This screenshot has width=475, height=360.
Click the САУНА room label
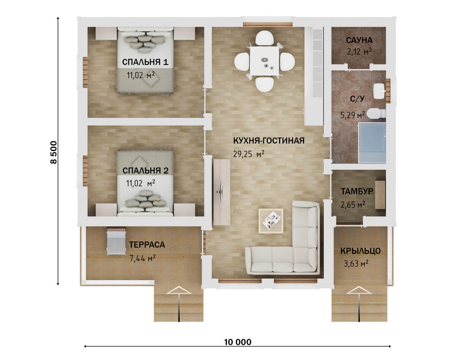pos(359,40)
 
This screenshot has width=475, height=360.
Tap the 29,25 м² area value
pos(249,154)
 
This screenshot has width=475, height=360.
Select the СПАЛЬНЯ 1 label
pos(145,62)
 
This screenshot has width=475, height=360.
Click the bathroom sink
pos(379,91)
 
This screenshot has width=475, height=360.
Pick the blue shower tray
pos(372,143)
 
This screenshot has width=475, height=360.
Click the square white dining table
pos(264,61)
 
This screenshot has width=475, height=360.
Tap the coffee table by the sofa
pos(271,221)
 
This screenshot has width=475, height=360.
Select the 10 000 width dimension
pos(238,342)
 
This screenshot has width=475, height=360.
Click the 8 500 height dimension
pos(54,152)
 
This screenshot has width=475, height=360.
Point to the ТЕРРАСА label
pos(147,245)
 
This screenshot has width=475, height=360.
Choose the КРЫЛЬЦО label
pos(361,251)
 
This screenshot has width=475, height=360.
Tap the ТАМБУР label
pos(357,191)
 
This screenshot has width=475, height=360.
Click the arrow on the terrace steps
pos(179,303)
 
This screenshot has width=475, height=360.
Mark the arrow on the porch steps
pos(359,303)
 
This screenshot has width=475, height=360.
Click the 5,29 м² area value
pos(353,115)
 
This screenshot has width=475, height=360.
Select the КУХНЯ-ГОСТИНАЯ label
pos(269,141)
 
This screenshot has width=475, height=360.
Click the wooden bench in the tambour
pos(380,194)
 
